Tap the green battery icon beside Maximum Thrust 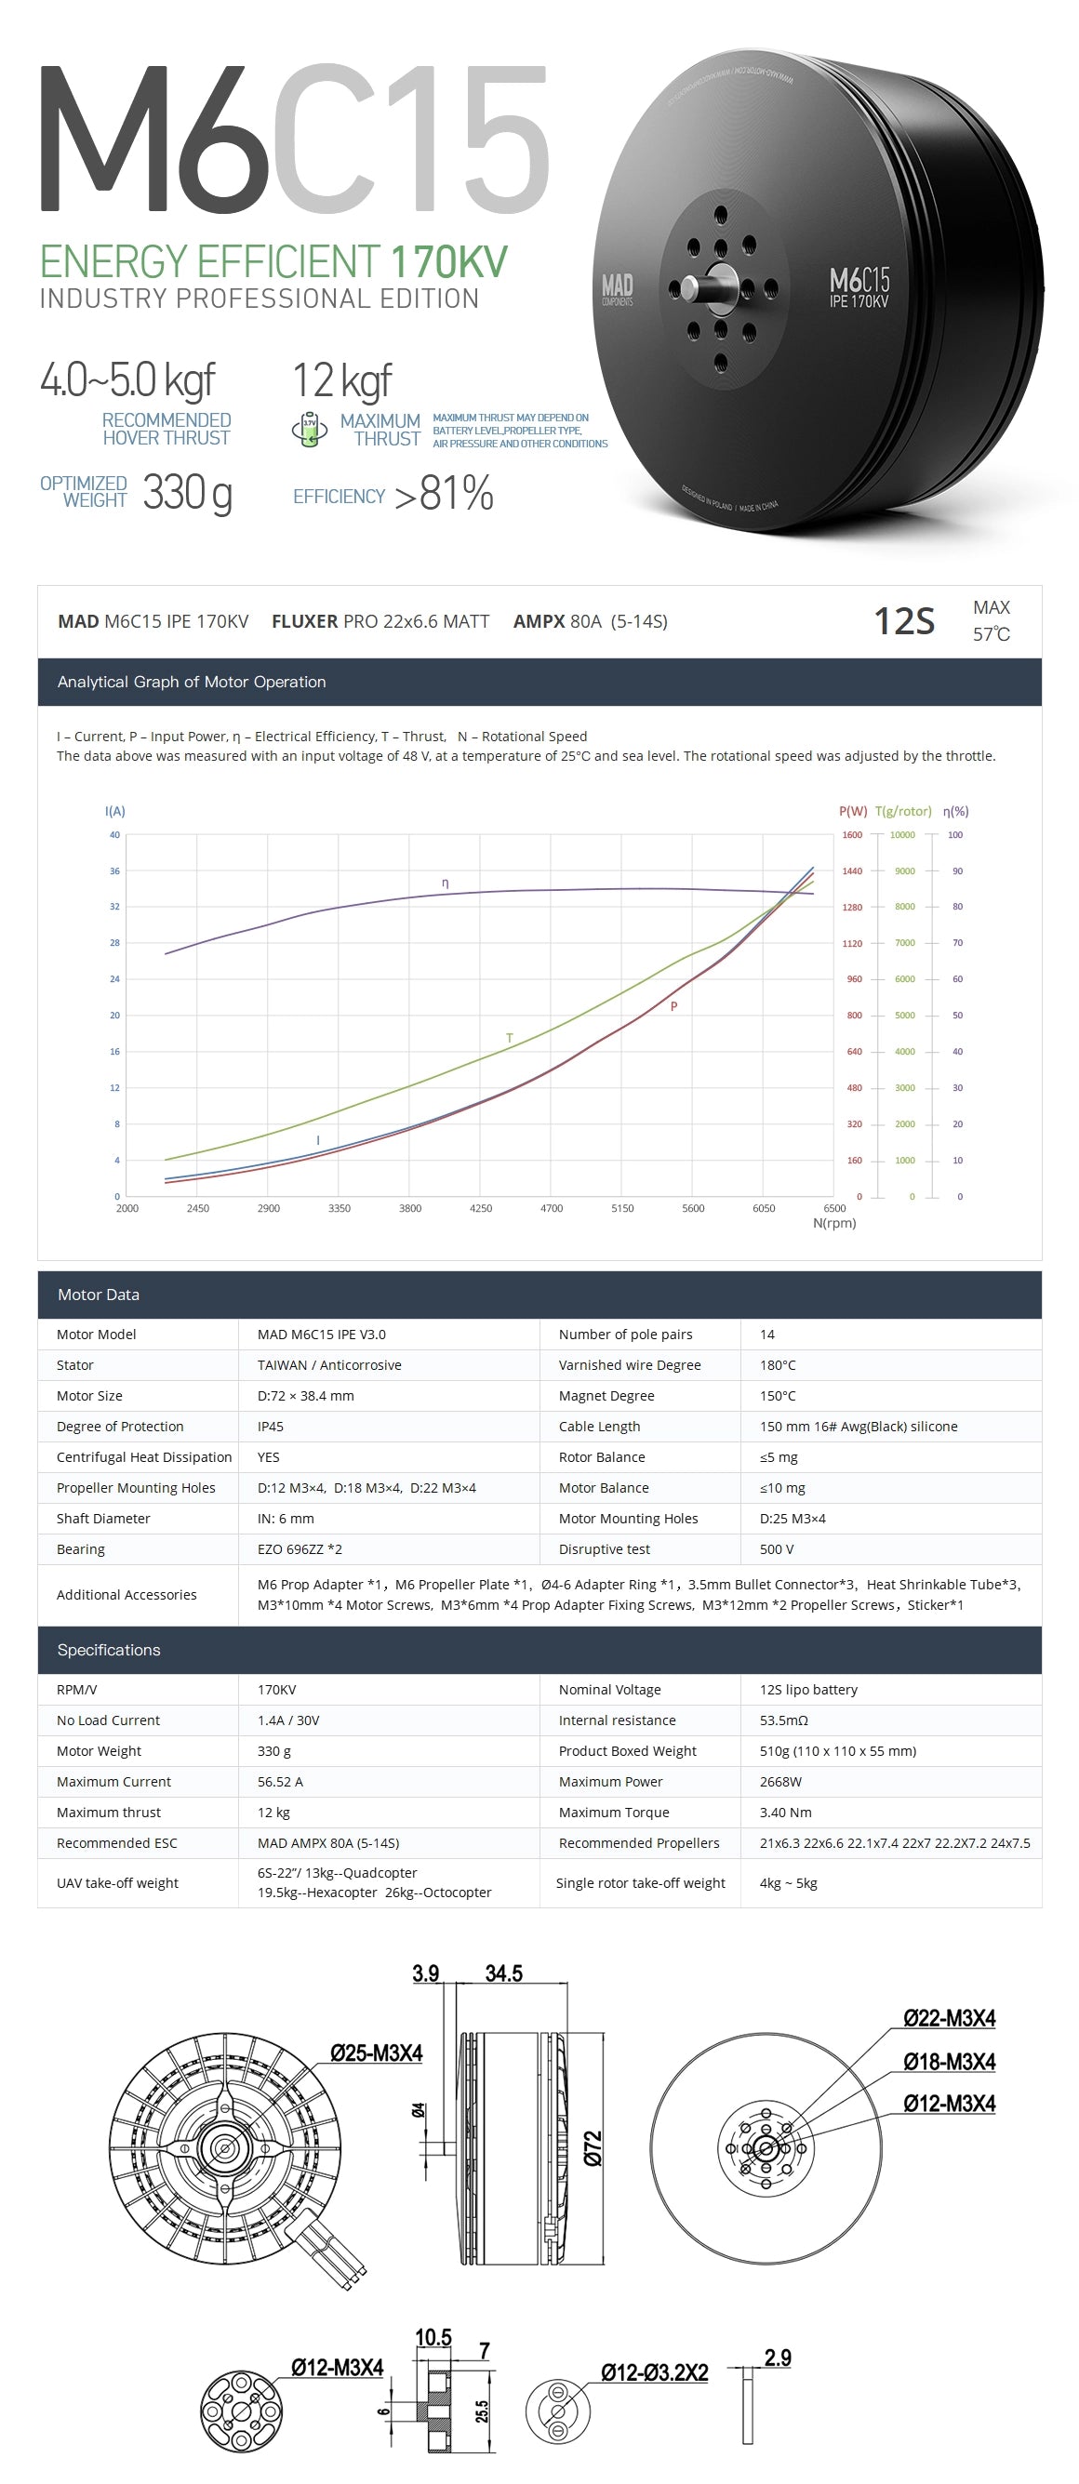[x=310, y=430]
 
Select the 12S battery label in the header [x=903, y=621]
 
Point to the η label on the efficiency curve [x=445, y=883]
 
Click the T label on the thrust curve [x=509, y=1039]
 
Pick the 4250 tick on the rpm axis [x=480, y=1208]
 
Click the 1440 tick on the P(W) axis [x=852, y=870]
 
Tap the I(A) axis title [x=114, y=811]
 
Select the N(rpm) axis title [x=834, y=1223]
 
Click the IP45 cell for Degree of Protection [x=270, y=1427]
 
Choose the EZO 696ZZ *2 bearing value [x=299, y=1548]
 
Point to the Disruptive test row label [x=604, y=1548]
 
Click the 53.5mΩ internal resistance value [x=783, y=1720]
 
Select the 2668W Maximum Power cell [x=780, y=1781]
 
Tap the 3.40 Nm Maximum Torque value [x=785, y=1812]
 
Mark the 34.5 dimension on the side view [x=503, y=1973]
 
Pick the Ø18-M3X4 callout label [x=949, y=2062]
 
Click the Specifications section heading [x=109, y=1650]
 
